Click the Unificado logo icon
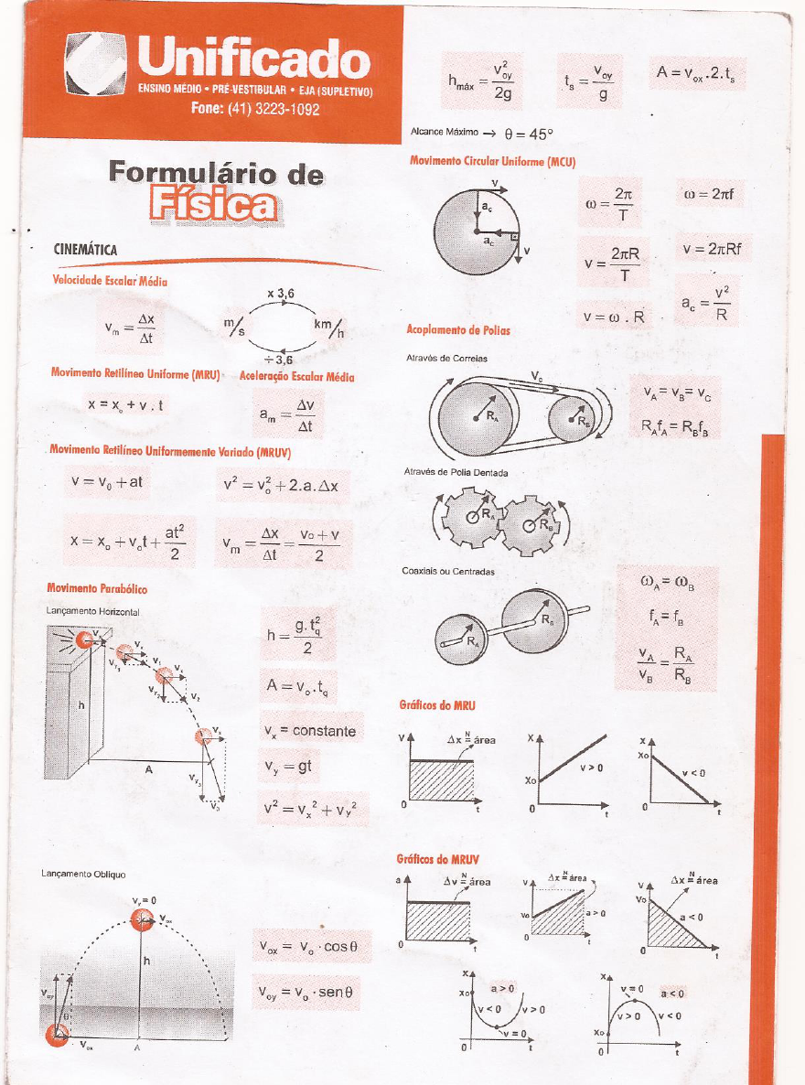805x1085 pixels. [x=95, y=70]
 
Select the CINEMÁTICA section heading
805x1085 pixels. [x=85, y=250]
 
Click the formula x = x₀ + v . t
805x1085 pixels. [x=124, y=403]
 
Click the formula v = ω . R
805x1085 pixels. [x=614, y=317]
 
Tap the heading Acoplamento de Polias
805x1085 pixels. [x=458, y=329]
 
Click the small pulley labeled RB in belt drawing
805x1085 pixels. [x=574, y=422]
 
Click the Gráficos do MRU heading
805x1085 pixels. [x=437, y=705]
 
